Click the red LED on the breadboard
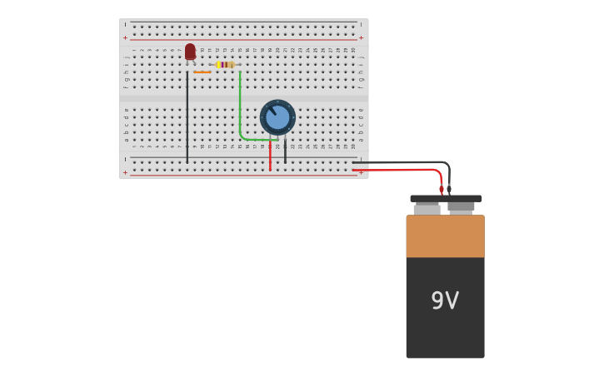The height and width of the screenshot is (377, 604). coord(190,52)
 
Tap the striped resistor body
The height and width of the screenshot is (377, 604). coord(225,64)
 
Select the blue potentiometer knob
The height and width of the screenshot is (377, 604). coord(277,117)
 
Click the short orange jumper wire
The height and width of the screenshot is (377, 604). coord(202,72)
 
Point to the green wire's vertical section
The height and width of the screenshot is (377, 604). coord(240,100)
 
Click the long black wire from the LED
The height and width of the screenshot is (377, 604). coord(187,117)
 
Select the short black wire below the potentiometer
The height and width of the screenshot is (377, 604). coord(285,151)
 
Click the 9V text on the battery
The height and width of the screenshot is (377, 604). coord(445,300)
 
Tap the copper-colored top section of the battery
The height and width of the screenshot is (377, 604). coord(445,236)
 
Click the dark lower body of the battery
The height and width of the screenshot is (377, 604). coord(445,333)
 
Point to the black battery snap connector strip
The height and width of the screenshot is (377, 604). coord(446,199)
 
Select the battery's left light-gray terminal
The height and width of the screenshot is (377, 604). coord(427,209)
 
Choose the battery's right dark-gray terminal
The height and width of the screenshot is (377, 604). coord(461,206)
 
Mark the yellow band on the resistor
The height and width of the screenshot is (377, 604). coord(219,64)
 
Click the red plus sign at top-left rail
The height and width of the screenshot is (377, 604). coord(126,37)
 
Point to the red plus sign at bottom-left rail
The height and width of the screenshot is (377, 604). coord(126,172)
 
